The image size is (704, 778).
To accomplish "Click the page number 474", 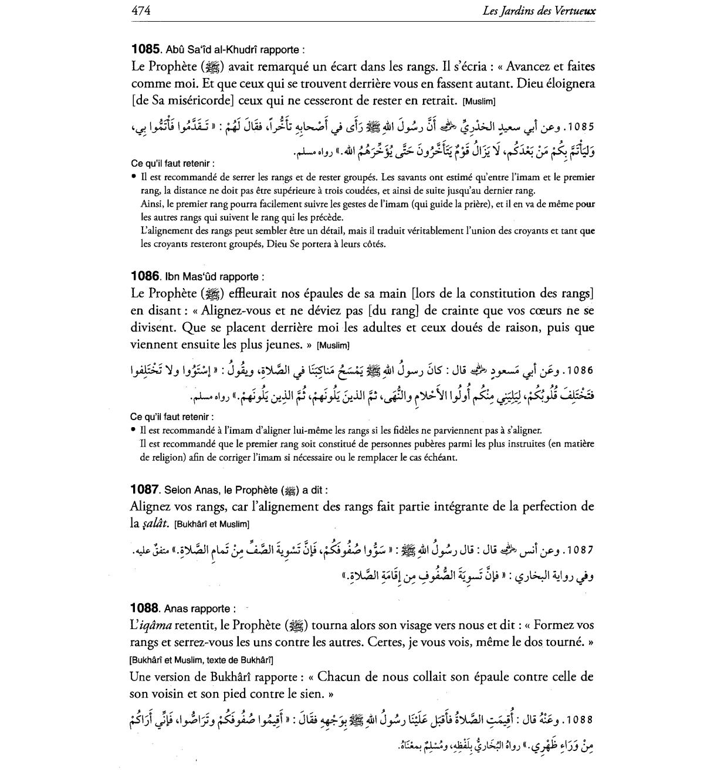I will click(x=141, y=11).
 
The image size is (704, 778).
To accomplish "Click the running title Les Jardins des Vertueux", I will click(x=537, y=11).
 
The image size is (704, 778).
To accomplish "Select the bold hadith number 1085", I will click(x=145, y=49).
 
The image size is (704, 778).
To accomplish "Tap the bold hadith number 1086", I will click(x=145, y=276).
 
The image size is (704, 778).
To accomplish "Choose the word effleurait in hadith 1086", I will click(x=255, y=293).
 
